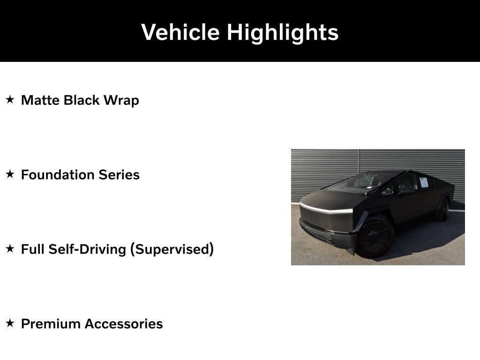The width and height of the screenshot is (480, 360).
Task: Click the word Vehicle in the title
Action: (180, 32)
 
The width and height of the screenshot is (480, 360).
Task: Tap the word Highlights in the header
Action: (283, 33)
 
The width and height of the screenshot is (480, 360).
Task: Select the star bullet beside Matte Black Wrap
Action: (10, 100)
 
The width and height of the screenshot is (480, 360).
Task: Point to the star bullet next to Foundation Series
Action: (10, 174)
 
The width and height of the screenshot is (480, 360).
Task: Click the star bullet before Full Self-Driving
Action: (10, 249)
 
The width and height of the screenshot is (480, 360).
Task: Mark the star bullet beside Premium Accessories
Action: (10, 323)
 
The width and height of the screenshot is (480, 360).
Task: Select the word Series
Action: (119, 175)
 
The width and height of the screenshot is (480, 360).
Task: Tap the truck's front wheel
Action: (375, 236)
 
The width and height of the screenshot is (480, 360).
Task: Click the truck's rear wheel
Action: (443, 210)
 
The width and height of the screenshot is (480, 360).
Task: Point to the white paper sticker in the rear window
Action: (424, 182)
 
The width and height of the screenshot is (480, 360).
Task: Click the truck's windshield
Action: (361, 182)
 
